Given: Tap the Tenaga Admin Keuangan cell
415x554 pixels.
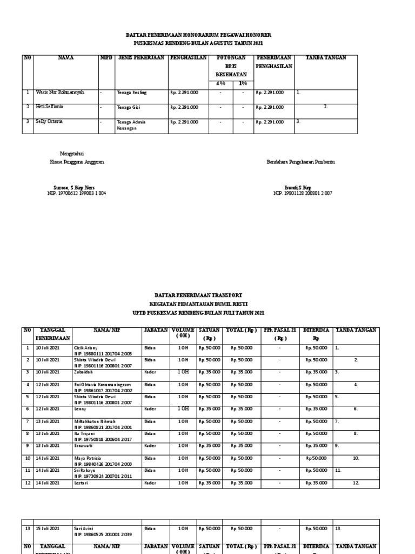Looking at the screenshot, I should tap(130, 125).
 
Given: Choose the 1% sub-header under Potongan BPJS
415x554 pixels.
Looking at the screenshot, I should tap(243, 83).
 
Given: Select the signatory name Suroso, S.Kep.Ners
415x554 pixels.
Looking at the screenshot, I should tap(71, 187).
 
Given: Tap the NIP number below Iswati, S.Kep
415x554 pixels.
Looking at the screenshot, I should tap(303, 193).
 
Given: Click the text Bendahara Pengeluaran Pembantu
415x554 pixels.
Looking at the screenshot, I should tap(300, 162).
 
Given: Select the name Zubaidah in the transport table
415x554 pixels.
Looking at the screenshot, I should tap(84, 372).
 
